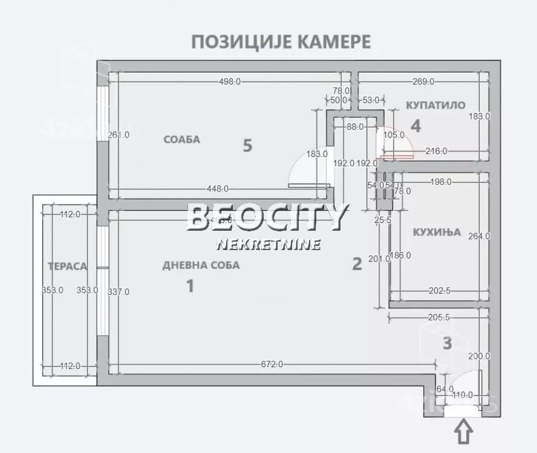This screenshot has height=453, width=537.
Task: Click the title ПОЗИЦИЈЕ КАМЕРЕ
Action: click(x=281, y=42)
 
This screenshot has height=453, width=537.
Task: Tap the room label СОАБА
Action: click(x=181, y=140)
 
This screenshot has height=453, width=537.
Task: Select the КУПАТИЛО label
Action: click(x=435, y=105)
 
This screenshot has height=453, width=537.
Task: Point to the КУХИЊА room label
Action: click(x=437, y=232)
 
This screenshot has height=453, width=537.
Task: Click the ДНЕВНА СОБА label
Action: click(x=201, y=265)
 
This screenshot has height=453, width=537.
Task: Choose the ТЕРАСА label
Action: click(x=68, y=266)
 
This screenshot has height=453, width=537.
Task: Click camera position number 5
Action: click(x=247, y=146)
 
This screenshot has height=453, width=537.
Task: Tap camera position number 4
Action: click(x=415, y=126)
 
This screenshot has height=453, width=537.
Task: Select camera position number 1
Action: click(x=190, y=286)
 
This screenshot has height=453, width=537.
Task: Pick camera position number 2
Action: click(x=357, y=264)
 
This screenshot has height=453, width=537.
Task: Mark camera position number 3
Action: click(x=447, y=344)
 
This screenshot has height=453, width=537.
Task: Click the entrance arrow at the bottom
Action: click(x=463, y=433)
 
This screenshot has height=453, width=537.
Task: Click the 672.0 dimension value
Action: click(x=272, y=364)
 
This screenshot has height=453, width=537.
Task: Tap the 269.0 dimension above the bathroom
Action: click(x=423, y=82)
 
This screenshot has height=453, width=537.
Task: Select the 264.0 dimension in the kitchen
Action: click(x=480, y=236)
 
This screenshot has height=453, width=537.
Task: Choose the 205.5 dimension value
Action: click(x=438, y=318)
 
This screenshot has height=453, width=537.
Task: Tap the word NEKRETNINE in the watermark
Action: click(x=268, y=245)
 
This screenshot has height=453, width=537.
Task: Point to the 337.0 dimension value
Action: click(x=119, y=292)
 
